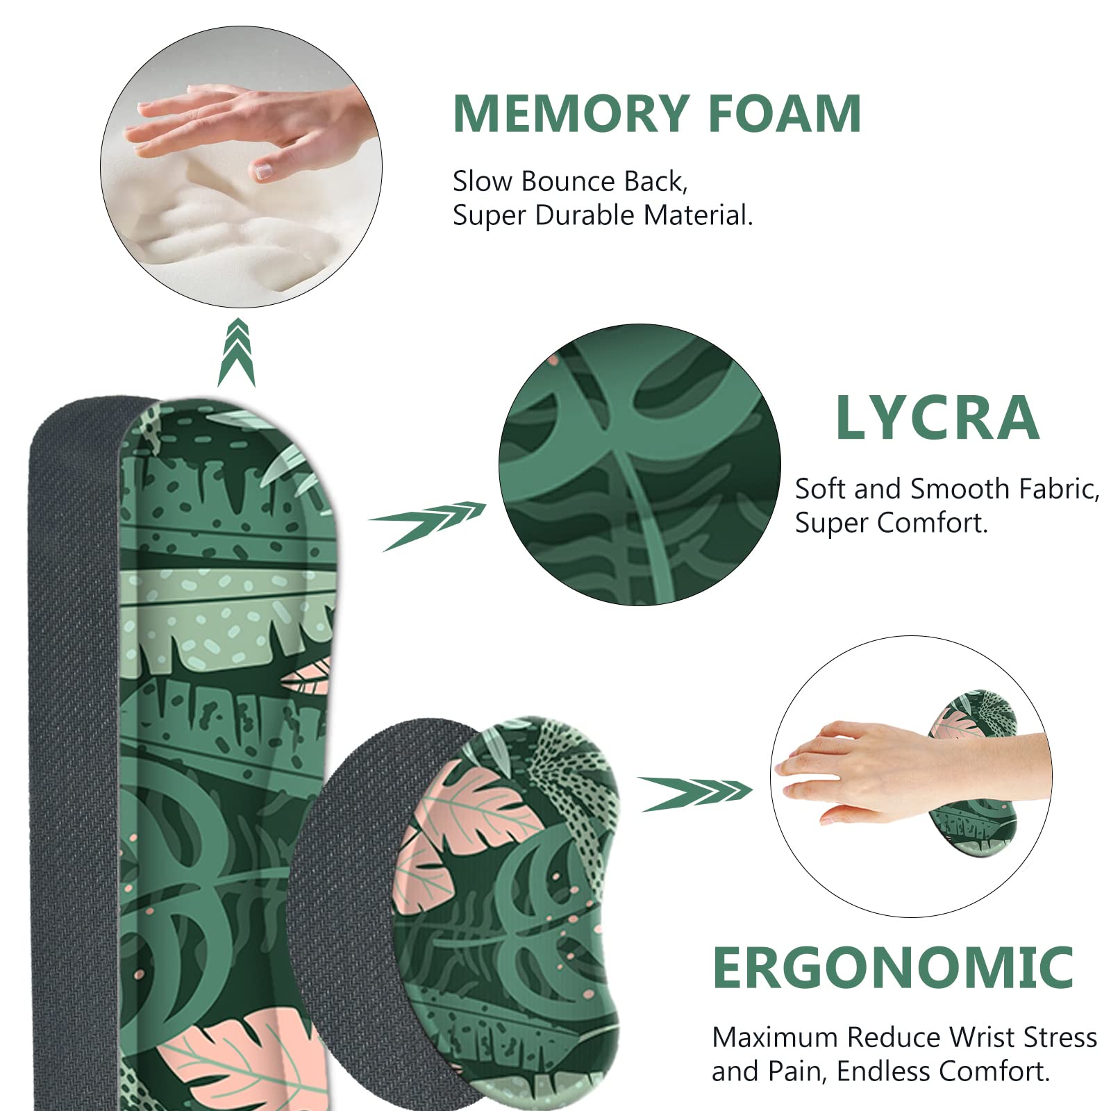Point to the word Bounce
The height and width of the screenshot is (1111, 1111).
pyautogui.click(x=568, y=181)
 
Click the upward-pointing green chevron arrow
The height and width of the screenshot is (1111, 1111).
pyautogui.click(x=236, y=352)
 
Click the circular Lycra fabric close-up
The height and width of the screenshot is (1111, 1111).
pyautogui.click(x=640, y=465)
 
